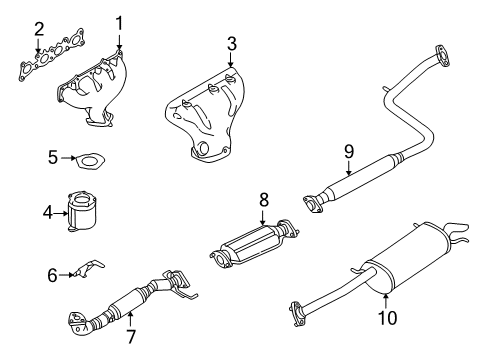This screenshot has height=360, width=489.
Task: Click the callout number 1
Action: (119, 23)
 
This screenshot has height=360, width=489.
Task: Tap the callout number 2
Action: (39, 29)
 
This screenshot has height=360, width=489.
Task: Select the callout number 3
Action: (232, 44)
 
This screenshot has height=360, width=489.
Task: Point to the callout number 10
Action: (387, 317)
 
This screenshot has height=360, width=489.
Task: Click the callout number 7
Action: (131, 337)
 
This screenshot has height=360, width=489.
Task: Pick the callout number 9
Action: (349, 152)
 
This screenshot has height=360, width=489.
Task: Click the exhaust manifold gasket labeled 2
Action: (51, 56)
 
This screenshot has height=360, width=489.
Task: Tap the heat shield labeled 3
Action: (206, 115)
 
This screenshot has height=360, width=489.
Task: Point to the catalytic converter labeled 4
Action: (81, 211)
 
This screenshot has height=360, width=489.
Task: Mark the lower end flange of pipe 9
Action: (313, 204)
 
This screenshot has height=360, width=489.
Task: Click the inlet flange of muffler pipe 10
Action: (297, 314)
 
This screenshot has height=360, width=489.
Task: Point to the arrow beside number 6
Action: (66, 275)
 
